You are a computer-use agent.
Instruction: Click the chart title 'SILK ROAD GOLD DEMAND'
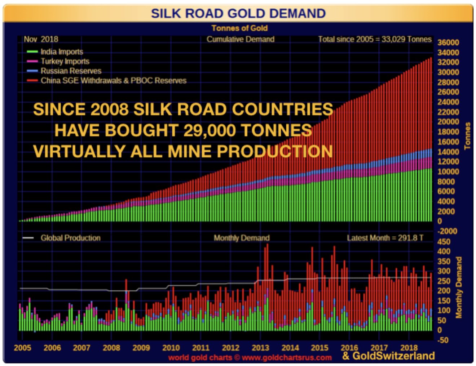coord(238,13)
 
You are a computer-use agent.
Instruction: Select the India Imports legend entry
coord(61,52)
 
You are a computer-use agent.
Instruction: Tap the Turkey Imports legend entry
coord(65,61)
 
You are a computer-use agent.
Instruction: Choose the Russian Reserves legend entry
coord(71,71)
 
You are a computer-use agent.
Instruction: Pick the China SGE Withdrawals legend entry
coord(113,80)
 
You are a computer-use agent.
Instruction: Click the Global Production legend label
coord(70,238)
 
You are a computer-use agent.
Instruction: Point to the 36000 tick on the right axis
coord(448,43)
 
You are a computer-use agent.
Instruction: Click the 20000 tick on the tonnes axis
coord(448,122)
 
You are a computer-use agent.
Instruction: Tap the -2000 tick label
coord(447,231)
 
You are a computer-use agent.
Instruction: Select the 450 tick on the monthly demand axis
coord(444,242)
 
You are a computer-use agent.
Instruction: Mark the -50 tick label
coord(443,340)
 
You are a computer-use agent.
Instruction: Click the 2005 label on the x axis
coord(22,348)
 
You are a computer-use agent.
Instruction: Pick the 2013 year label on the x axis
coord(260,348)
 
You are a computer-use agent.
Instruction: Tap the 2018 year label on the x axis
coord(409,348)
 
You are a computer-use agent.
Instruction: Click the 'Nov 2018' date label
coord(41,39)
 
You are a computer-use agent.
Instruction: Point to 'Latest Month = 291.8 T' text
coord(385,238)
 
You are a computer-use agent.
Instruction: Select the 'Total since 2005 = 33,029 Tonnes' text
coord(375,39)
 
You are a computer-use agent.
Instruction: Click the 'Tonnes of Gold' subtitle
coord(239,28)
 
